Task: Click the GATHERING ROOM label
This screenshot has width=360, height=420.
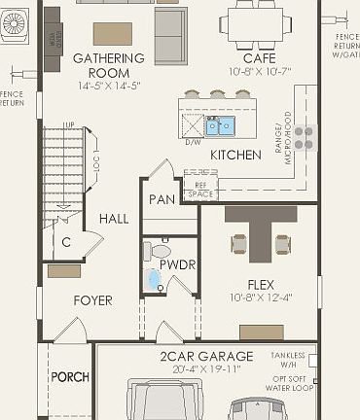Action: (110, 65)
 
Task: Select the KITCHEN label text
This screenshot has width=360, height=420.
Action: (236, 155)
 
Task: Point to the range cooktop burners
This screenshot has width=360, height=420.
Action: (306, 137)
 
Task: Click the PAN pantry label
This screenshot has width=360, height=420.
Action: (161, 200)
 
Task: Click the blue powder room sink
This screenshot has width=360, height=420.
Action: (154, 281)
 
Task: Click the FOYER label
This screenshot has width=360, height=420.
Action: (93, 300)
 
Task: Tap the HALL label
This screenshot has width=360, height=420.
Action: (113, 220)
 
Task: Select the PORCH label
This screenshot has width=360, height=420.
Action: (70, 377)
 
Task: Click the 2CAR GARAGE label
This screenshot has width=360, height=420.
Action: (206, 357)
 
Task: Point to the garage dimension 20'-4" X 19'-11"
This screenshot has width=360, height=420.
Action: (206, 369)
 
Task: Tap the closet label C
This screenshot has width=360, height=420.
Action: (66, 242)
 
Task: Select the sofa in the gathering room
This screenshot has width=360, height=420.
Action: (171, 35)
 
